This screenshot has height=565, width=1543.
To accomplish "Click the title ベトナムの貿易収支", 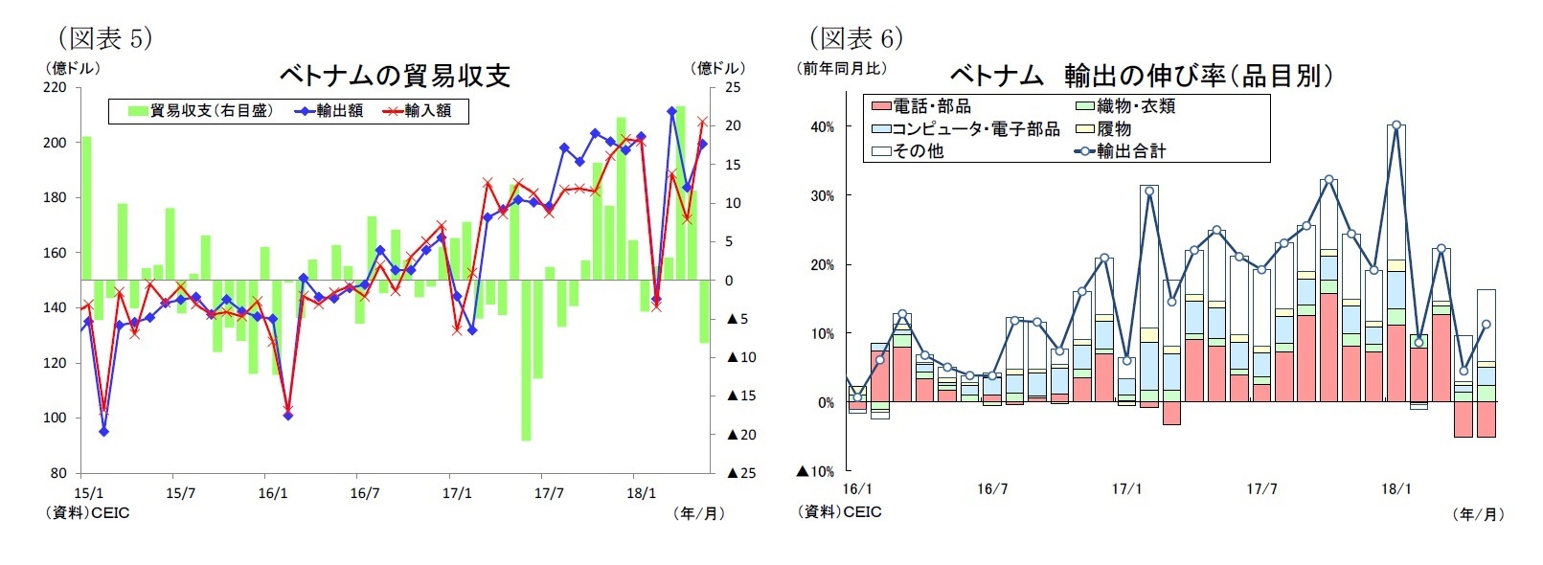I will [394, 76].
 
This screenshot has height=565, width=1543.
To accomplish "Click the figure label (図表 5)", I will [104, 38].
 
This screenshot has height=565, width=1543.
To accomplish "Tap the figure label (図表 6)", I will [855, 38].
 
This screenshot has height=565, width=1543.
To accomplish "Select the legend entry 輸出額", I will [329, 111].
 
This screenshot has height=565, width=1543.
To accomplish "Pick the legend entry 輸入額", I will [418, 111].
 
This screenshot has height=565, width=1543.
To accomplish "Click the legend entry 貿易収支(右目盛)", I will [201, 111].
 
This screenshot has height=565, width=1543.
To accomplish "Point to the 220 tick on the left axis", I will [56, 88].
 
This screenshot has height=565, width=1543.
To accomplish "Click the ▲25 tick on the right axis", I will [741, 473].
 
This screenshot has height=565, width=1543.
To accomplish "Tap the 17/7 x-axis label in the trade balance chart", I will [549, 494].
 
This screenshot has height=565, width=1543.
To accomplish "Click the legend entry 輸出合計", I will [1121, 151].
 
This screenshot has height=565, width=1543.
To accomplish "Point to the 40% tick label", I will [822, 126].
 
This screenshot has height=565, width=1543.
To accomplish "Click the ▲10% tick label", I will [816, 471].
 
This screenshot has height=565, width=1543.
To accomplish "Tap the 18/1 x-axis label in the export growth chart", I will [1396, 489].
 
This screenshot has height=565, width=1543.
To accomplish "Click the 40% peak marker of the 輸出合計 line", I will [1396, 124].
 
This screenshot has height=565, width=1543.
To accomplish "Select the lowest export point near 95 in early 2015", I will [103, 431].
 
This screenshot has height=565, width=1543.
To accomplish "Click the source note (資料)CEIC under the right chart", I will [840, 512].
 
